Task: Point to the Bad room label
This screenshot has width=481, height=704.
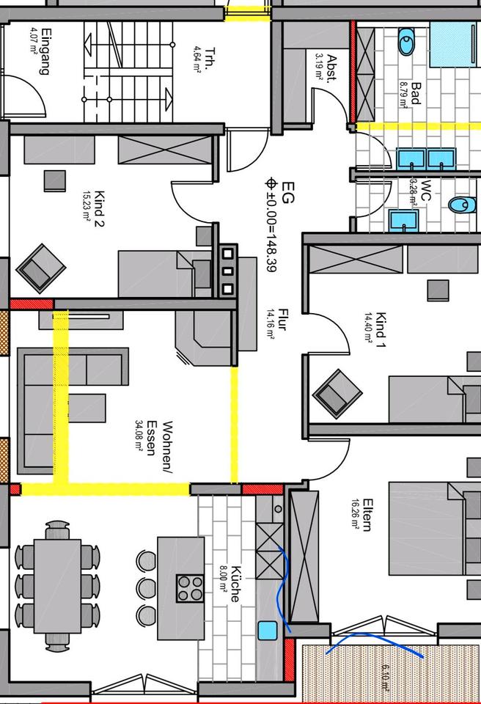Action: [415, 94]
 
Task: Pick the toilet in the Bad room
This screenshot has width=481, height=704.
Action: [406, 44]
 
